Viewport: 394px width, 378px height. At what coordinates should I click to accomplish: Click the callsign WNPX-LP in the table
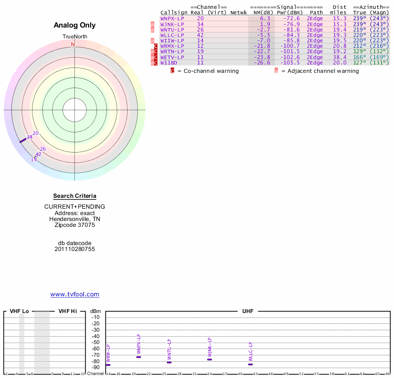pyautogui.click(x=172, y=18)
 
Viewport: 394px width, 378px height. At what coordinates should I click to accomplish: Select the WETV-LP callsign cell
pyautogui.click(x=172, y=57)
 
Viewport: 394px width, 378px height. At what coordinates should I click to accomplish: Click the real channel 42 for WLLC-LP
pyautogui.click(x=200, y=35)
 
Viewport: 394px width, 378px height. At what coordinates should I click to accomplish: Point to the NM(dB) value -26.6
pyautogui.click(x=262, y=63)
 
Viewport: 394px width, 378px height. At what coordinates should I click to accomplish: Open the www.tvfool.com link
pyautogui.click(x=75, y=294)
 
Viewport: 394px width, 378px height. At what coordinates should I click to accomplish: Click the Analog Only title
pyautogui.click(x=75, y=25)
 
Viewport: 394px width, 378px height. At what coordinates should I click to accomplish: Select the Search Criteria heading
pyautogui.click(x=75, y=196)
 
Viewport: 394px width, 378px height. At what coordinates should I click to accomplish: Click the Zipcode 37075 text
pyautogui.click(x=75, y=225)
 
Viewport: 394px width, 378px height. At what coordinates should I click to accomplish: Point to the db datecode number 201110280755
pyautogui.click(x=75, y=249)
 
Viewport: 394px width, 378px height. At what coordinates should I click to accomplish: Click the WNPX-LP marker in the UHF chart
pyautogui.click(x=139, y=357)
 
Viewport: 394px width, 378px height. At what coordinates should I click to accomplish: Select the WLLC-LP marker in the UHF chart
pyautogui.click(x=250, y=364)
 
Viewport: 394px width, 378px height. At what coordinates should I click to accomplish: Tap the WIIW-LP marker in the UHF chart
pyautogui.click(x=108, y=365)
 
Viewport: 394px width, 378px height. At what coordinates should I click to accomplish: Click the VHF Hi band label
pyautogui.click(x=67, y=311)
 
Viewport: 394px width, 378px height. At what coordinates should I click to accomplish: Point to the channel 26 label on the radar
pyautogui.click(x=43, y=149)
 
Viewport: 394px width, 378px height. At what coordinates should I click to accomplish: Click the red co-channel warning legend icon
pyautogui.click(x=172, y=71)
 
